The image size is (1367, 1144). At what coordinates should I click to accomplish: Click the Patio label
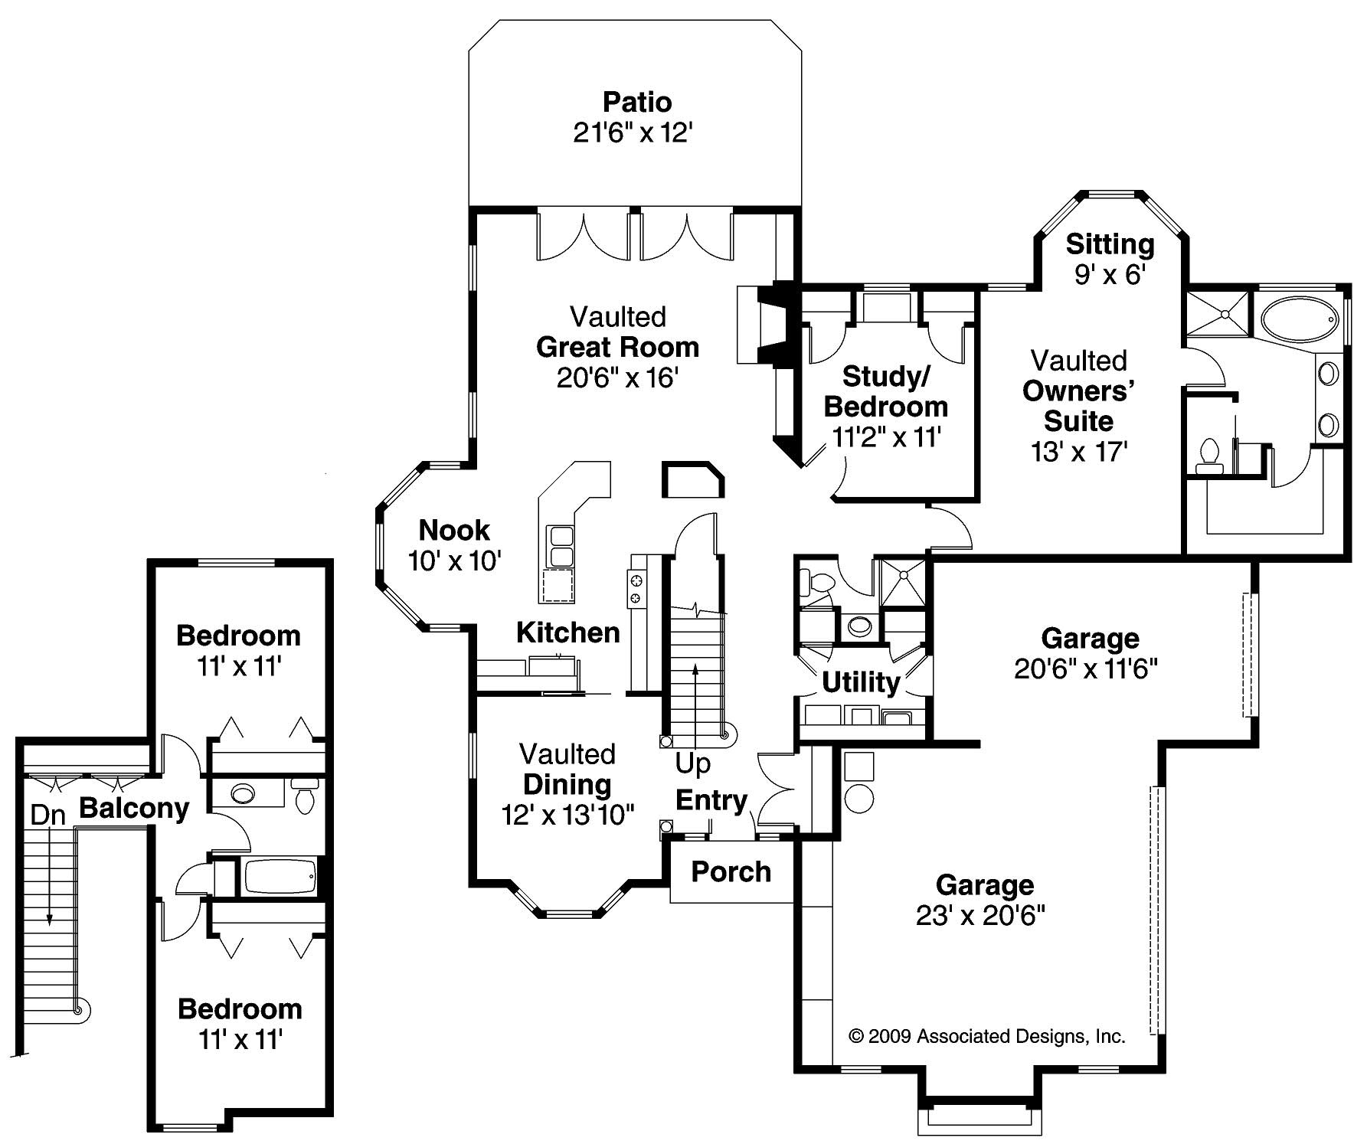[x=636, y=102]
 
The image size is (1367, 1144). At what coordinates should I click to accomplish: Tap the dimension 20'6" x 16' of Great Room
[x=617, y=378]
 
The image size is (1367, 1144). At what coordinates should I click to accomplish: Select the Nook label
[x=454, y=530]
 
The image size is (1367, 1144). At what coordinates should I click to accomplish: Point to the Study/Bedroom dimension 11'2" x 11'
[x=886, y=437]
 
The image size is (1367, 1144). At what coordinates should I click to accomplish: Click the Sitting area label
[x=1110, y=244]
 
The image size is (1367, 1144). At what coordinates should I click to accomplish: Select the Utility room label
[x=861, y=681]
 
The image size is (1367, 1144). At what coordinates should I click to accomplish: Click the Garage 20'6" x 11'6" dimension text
[x=1085, y=669]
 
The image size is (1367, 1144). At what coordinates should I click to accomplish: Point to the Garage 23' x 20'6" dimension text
[x=980, y=915]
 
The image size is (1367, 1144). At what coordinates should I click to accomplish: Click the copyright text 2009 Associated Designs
[x=987, y=1037]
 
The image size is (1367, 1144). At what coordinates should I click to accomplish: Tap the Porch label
[x=731, y=871]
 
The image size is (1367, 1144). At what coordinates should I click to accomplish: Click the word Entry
[x=711, y=800]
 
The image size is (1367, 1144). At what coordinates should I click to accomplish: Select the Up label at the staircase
[x=692, y=763]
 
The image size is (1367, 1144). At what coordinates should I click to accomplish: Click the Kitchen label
[x=567, y=632]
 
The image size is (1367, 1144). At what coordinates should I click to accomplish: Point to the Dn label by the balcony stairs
[x=47, y=816]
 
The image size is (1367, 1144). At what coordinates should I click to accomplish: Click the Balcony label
[x=134, y=808]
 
